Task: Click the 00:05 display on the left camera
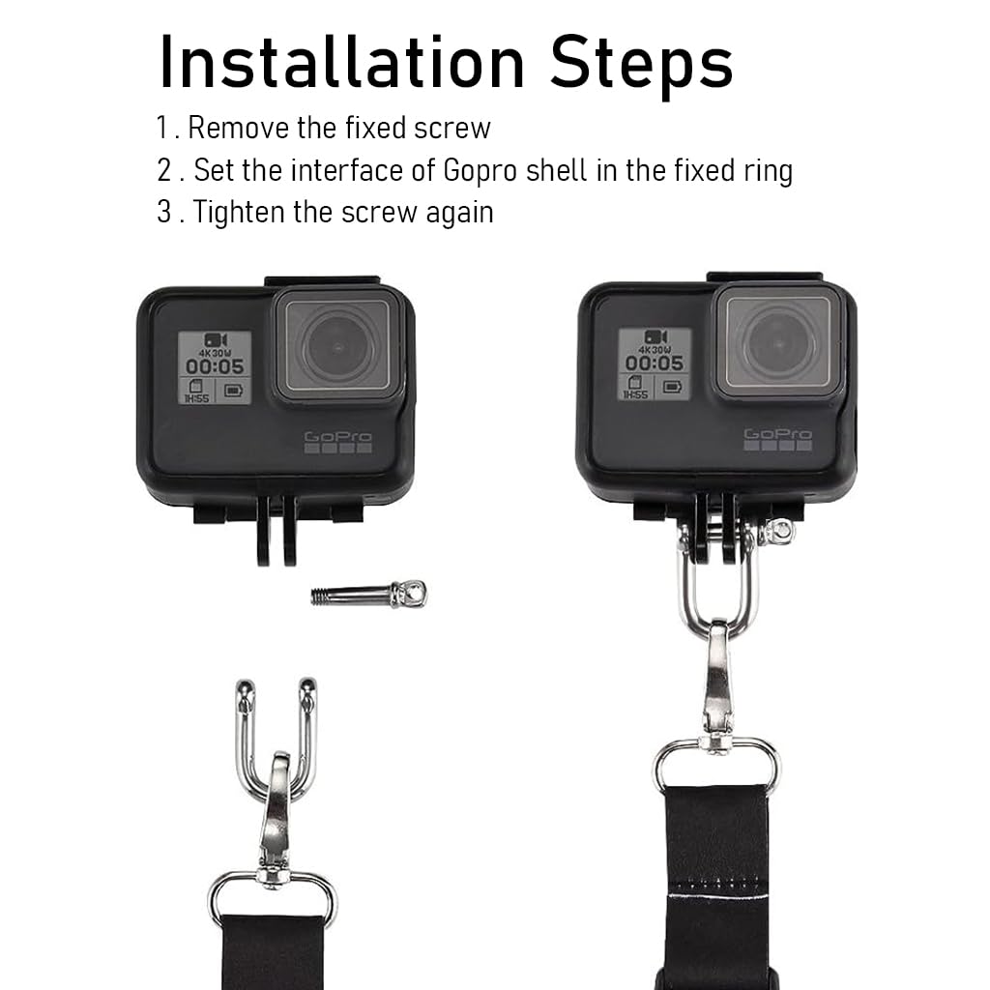click(215, 366)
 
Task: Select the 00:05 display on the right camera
click(655, 363)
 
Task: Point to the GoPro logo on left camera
click(337, 440)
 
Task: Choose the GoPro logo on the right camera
click(777, 437)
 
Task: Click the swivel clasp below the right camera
click(717, 677)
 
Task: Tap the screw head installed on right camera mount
click(776, 530)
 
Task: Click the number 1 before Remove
click(161, 128)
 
